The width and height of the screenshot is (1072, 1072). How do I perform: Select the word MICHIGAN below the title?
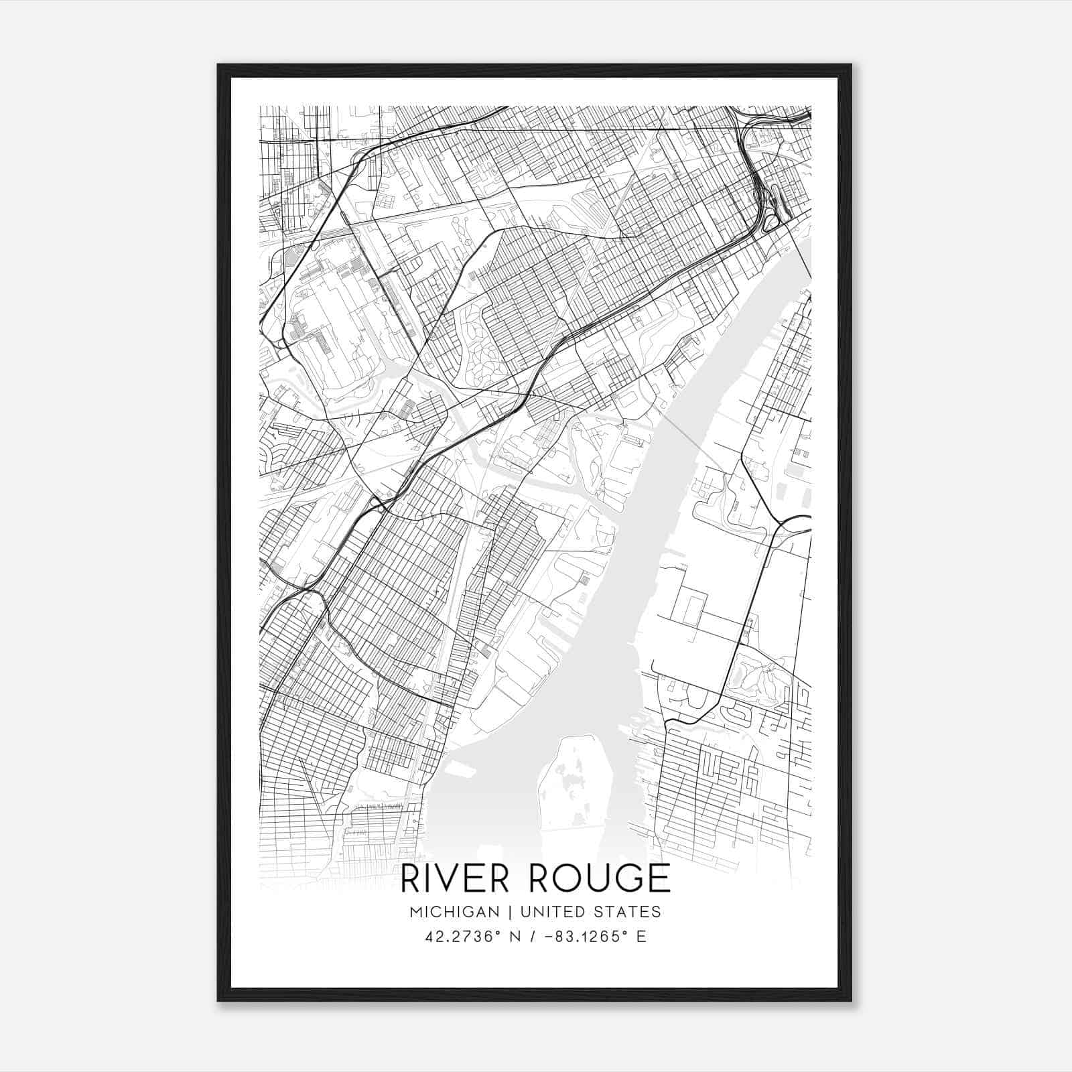pyautogui.click(x=454, y=911)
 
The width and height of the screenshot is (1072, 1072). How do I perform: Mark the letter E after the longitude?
pyautogui.click(x=641, y=937)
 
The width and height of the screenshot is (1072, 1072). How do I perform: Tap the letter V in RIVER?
pyautogui.click(x=454, y=878)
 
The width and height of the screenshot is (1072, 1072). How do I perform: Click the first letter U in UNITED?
pyautogui.click(x=525, y=911)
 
